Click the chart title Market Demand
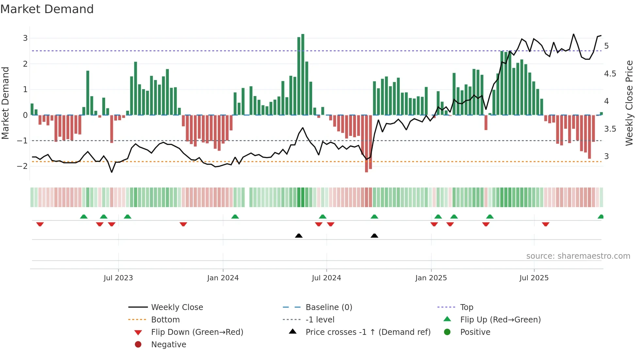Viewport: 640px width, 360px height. (x=47, y=9)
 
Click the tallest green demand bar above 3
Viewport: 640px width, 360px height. (x=303, y=74)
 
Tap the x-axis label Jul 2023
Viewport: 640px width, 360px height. (x=118, y=278)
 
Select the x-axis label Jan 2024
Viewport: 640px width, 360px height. (x=223, y=278)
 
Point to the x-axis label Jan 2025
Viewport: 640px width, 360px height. (x=431, y=278)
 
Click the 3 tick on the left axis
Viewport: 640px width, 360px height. (x=25, y=38)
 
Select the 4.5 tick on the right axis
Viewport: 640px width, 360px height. (x=610, y=74)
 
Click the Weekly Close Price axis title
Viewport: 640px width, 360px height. (x=629, y=103)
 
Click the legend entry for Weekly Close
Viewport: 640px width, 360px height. (x=177, y=307)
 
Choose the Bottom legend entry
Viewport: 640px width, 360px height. (x=165, y=320)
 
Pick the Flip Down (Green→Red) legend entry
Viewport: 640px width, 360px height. (x=197, y=332)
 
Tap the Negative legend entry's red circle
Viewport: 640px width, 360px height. (x=138, y=345)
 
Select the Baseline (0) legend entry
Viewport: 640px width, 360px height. (x=328, y=307)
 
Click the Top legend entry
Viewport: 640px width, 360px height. (x=467, y=307)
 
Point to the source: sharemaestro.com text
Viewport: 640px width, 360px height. (x=578, y=256)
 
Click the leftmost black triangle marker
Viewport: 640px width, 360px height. (x=298, y=236)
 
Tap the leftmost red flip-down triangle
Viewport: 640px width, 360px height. (x=40, y=224)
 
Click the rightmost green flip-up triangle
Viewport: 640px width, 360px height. (x=600, y=217)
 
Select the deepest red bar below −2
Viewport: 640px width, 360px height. (x=366, y=144)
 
